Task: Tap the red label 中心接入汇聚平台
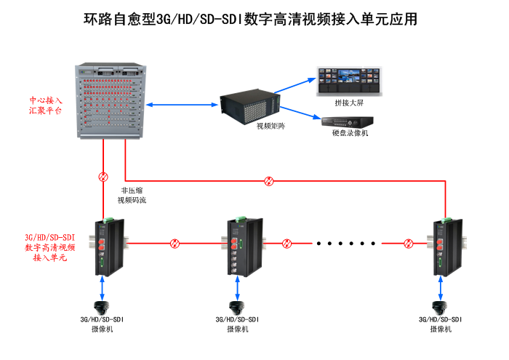(x=46, y=106)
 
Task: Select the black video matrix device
(x=249, y=106)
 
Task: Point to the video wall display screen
(x=348, y=81)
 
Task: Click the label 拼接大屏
(x=348, y=103)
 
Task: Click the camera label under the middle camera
(x=237, y=324)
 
